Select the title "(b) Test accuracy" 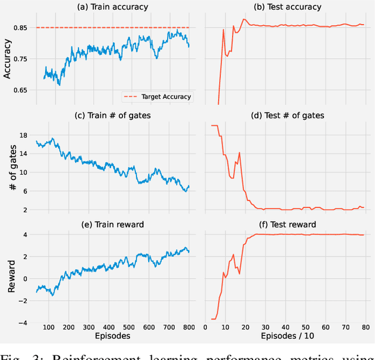[x=288, y=7]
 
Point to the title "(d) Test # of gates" [x=288, y=116]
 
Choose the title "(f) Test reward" [x=288, y=225]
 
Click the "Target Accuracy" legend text [x=166, y=97]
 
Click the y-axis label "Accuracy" [x=7, y=59]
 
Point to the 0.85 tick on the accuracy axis [x=21, y=28]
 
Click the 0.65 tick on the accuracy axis [x=21, y=90]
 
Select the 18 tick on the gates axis [x=23, y=135]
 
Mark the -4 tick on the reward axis [x=23, y=322]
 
